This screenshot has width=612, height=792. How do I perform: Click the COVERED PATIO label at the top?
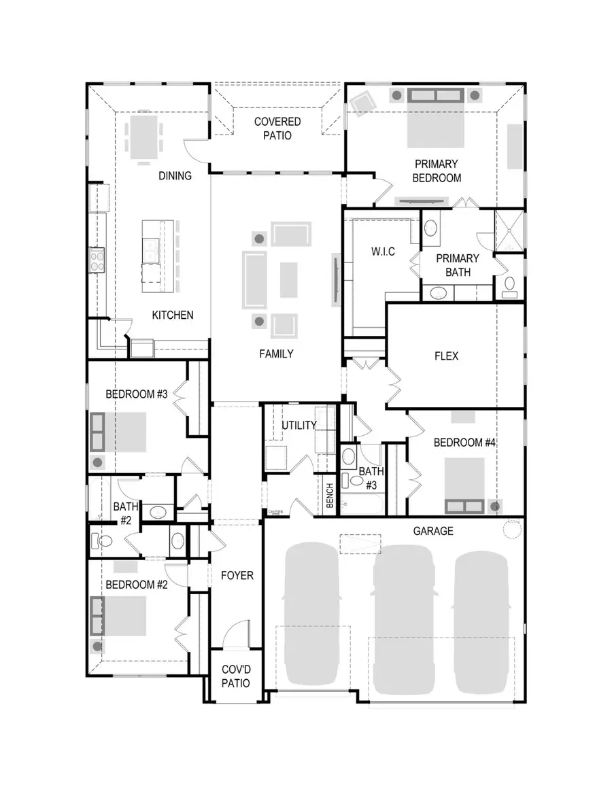point(277,128)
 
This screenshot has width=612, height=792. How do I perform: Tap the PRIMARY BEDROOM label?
point(437,171)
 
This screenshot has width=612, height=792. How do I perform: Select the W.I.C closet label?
point(382,252)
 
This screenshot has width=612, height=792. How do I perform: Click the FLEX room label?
point(446,356)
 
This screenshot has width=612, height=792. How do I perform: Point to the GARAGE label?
point(433,531)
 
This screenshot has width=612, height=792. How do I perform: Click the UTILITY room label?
point(299,426)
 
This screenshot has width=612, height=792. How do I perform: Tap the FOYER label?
point(237,575)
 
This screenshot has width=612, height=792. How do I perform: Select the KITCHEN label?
point(172,315)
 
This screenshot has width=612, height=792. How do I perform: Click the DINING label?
point(175,175)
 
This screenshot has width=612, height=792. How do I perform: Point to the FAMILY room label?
point(276,354)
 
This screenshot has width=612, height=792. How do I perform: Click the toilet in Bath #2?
point(103,541)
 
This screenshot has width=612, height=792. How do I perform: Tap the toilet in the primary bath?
point(509,287)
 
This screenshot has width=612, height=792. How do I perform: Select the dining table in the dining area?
point(143,135)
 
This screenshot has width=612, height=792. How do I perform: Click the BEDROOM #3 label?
point(137,394)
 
